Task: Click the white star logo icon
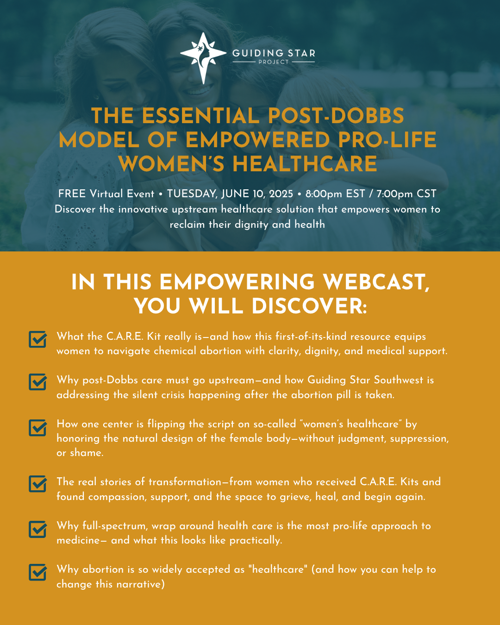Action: (x=203, y=58)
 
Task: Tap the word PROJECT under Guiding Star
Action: (x=274, y=62)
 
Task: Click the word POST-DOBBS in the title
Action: (x=336, y=116)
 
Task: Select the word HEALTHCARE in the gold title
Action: (x=305, y=164)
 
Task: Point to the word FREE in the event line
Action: (x=72, y=194)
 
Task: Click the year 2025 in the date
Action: (x=281, y=194)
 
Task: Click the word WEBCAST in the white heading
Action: (x=376, y=282)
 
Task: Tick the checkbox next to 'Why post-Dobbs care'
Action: (x=38, y=381)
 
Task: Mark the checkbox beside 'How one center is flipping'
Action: (x=38, y=427)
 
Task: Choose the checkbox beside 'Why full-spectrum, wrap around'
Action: (x=38, y=529)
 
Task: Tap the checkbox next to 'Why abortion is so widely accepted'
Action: (x=38, y=572)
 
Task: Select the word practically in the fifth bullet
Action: (x=256, y=540)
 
